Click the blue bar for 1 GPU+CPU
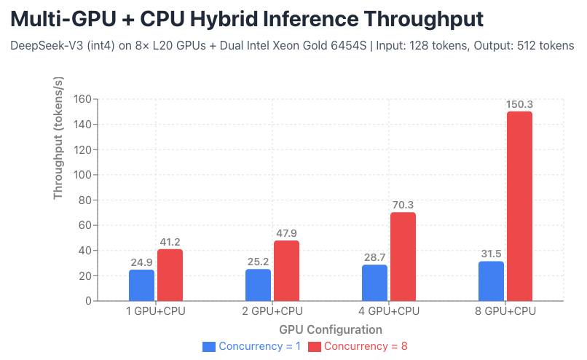(x=141, y=285)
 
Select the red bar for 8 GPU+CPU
(x=519, y=206)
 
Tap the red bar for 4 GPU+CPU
(x=403, y=257)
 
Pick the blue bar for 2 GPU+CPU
(x=258, y=285)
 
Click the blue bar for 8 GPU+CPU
(x=491, y=281)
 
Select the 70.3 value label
(x=403, y=205)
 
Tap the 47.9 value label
(x=286, y=233)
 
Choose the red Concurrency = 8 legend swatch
(x=315, y=346)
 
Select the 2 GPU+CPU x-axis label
(x=272, y=312)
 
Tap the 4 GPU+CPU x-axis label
(x=389, y=312)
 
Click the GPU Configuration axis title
(x=331, y=329)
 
